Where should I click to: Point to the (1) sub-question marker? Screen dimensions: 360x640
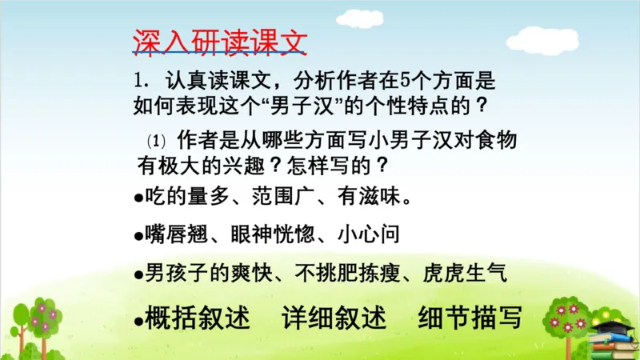click(155, 141)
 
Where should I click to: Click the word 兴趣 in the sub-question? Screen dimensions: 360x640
click(237, 166)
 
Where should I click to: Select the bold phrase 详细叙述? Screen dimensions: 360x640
click(334, 318)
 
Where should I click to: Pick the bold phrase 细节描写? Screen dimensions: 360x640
click(470, 318)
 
